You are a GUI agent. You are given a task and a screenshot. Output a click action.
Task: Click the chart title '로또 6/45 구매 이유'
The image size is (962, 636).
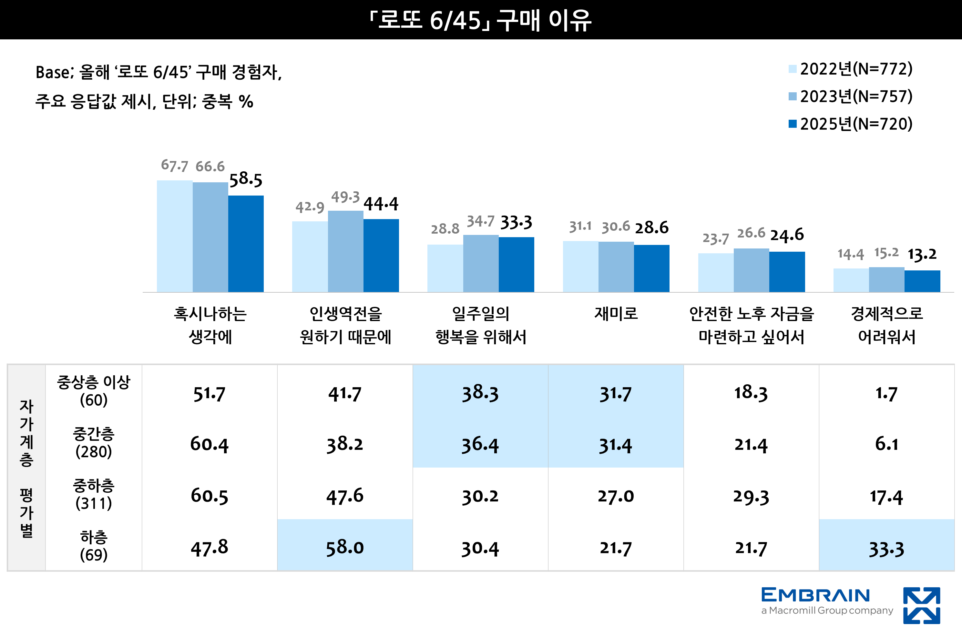pos(481,20)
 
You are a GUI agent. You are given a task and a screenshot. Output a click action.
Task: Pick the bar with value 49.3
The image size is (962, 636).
pos(345,251)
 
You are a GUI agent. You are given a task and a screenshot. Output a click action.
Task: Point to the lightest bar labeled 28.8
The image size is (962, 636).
pos(445,268)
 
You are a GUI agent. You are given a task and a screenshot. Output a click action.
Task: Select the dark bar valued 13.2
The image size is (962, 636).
pos(922,281)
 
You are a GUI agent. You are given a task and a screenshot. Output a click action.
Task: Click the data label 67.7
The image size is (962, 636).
pos(174,166)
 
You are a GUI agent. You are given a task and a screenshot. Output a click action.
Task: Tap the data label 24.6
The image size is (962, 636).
pos(787,235)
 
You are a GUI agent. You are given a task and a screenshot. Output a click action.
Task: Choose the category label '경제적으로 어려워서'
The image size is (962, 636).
pos(886,325)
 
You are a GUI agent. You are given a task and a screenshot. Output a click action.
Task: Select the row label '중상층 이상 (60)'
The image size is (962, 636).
pos(94,391)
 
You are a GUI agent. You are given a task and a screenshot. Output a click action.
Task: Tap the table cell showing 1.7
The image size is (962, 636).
pos(886,393)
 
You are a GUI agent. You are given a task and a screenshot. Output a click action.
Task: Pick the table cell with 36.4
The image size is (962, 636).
pos(480,445)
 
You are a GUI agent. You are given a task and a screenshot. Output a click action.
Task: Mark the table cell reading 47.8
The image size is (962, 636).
pos(210,548)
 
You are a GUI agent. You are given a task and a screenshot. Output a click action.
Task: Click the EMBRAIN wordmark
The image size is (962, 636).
pos(815,595)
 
